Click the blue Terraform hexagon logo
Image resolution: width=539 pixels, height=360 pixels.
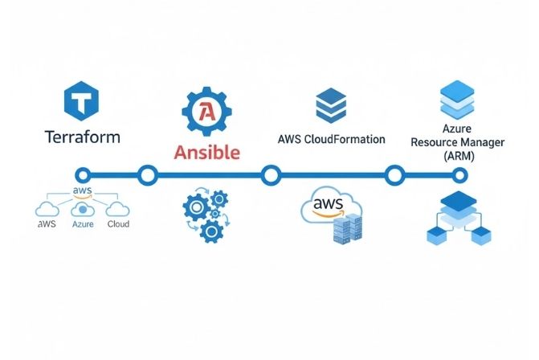pyautogui.click(x=82, y=103)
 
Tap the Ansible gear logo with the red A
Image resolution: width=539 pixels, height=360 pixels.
pyautogui.click(x=206, y=113)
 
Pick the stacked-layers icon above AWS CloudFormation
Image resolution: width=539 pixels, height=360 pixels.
pyautogui.click(x=330, y=105)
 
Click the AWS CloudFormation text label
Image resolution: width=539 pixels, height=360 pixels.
pyautogui.click(x=331, y=139)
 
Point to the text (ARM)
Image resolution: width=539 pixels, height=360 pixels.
pyautogui.click(x=459, y=155)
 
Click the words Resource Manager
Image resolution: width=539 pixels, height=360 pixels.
pyautogui.click(x=459, y=141)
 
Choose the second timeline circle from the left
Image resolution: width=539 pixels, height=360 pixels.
pyautogui.click(x=147, y=174)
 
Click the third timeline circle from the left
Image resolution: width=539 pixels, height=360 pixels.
pyautogui.click(x=271, y=174)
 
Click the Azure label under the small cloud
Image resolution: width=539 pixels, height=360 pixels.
pyautogui.click(x=83, y=224)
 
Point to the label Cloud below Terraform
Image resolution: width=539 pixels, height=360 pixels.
pyautogui.click(x=117, y=224)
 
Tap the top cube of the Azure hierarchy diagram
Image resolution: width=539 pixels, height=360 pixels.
pyautogui.click(x=457, y=202)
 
